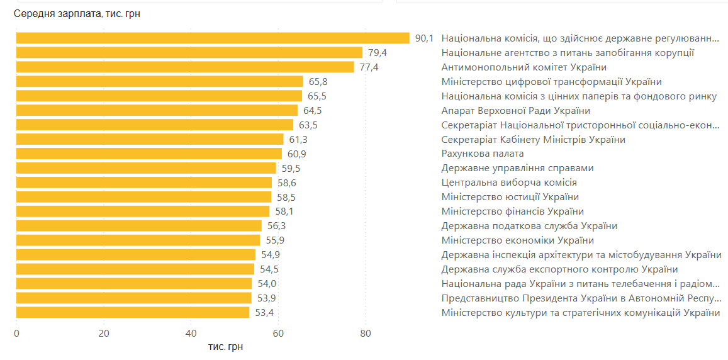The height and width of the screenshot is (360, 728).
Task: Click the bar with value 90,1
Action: pos(213,38)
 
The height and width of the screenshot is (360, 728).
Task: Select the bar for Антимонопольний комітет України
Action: pos(185,67)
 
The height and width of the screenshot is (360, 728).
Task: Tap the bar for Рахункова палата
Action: pos(149,154)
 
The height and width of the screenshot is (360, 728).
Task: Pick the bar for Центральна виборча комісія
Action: pos(144,183)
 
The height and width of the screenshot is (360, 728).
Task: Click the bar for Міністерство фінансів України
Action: pos(143,212)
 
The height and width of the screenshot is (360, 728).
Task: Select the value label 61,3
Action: pos(298,140)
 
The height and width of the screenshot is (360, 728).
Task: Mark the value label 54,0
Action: pos(267,284)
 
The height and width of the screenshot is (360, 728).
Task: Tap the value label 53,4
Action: pos(264,313)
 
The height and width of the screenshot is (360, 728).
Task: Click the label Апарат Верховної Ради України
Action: pos(515,111)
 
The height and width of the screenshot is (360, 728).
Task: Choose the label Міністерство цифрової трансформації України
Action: pos(551,82)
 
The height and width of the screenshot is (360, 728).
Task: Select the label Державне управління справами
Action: pos(517,169)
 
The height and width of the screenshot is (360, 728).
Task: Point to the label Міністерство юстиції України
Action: pos(510,198)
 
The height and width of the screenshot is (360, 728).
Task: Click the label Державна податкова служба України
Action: pos(529,227)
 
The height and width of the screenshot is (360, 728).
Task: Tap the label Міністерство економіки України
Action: pos(517,241)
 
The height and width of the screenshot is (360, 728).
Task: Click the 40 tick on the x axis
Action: pos(191,334)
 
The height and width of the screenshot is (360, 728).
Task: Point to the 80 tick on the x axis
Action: pos(366,334)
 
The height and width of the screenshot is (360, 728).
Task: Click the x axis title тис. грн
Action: pos(225,347)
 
